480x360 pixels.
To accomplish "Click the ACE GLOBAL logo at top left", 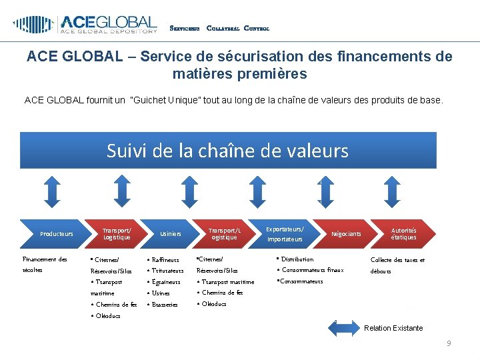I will (x=85, y=25).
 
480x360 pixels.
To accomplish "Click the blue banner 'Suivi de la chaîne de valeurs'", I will (x=228, y=151).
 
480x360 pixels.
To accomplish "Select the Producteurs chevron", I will (x=57, y=233).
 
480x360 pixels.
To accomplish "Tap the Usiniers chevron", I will (x=171, y=233).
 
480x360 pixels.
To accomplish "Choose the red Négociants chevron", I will (x=345, y=233).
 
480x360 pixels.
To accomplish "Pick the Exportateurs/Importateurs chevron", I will (x=285, y=233).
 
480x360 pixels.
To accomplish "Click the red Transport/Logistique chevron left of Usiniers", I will (x=117, y=233).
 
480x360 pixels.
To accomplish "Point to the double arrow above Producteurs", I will (x=56, y=191).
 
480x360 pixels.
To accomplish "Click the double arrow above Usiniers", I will (x=185, y=191).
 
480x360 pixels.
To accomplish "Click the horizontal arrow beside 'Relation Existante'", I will (x=345, y=327).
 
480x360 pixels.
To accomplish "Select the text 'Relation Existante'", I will (x=393, y=328).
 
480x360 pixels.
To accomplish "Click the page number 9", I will (x=449, y=343).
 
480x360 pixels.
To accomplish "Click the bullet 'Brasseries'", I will (x=164, y=304).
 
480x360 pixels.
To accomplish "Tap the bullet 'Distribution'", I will (x=296, y=259).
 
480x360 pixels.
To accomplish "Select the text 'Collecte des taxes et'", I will (x=397, y=259).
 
